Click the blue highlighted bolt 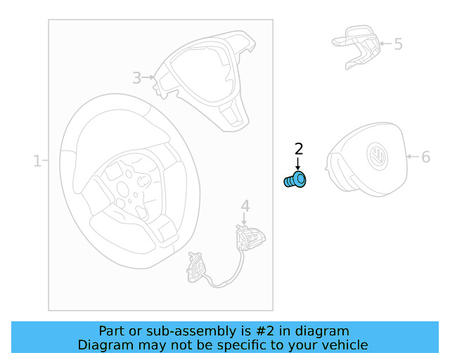295,180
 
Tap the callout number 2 299,149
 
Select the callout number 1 37,161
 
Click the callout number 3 137,78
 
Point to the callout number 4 245,206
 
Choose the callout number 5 398,44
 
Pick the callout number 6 426,157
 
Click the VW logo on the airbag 378,157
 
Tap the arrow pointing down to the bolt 298,163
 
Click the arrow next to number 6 413,157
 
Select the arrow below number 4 244,219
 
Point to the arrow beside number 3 148,77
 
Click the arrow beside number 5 386,44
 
